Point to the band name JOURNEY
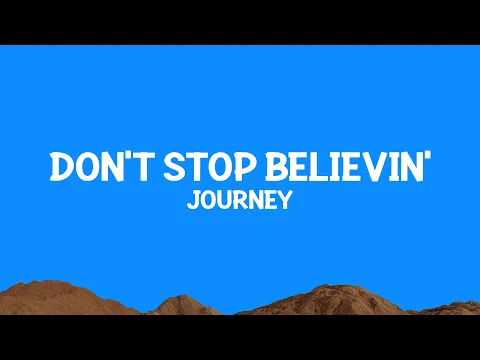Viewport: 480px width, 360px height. click(240, 201)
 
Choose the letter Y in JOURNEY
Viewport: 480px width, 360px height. click(286, 201)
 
